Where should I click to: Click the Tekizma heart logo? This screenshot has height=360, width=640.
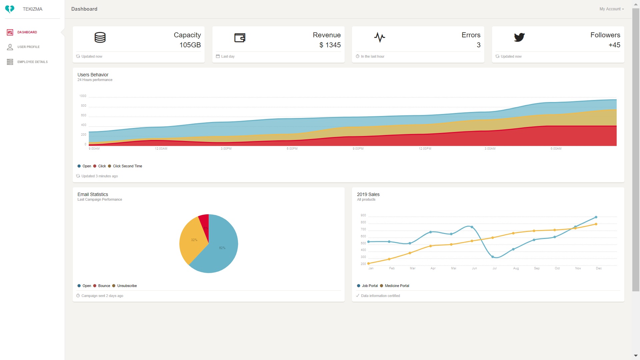pos(10,9)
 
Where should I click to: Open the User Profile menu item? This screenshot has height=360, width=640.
pos(28,47)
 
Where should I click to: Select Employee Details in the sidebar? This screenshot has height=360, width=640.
pos(32,62)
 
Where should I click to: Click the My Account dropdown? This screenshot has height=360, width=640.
pos(611,9)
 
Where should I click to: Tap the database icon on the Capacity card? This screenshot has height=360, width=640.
pos(100,37)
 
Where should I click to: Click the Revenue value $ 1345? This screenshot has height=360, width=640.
pos(330,45)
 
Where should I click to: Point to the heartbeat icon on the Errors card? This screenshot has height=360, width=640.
pos(379,37)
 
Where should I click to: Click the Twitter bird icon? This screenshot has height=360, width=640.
pos(519,37)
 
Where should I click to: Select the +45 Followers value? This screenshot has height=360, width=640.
pos(614,45)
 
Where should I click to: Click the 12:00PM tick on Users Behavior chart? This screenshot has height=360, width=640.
pos(425,149)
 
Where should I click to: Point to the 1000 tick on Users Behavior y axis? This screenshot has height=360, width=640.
pos(83,96)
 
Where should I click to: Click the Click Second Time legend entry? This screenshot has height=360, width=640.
pos(127,166)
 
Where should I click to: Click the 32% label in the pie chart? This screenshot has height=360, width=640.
pos(194,240)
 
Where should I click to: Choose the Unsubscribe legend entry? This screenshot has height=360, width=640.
pos(127,286)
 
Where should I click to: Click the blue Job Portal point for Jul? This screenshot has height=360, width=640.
pos(493,257)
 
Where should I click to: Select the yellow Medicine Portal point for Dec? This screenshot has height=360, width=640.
pos(596,224)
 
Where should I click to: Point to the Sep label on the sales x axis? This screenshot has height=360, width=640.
pos(537,268)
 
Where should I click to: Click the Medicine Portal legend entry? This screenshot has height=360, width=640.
pos(397,286)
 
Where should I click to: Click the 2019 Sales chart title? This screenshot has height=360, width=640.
pos(368,194)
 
